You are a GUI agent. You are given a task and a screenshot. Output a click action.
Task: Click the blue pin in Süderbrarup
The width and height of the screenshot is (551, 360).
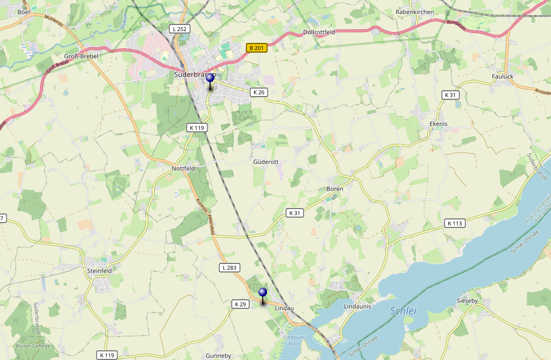tap(210, 78)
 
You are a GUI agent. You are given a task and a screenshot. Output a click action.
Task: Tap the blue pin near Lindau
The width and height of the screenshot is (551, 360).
tap(263, 293)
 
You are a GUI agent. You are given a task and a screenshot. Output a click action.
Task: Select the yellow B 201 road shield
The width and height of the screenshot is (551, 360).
tap(257, 48)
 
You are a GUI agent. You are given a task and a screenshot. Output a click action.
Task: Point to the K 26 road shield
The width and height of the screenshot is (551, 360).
tap(259, 92)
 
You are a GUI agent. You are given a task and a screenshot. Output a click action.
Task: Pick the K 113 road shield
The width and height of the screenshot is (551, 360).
tap(455, 223)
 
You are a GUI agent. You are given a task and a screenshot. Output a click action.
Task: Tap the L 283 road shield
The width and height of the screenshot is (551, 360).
tap(230, 268)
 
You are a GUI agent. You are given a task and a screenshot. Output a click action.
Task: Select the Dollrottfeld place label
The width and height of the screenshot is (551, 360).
tap(319, 33)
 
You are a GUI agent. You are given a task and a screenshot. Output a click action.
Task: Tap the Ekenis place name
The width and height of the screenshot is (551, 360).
tap(438, 124)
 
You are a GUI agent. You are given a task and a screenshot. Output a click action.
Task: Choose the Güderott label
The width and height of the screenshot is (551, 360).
tap(266, 162)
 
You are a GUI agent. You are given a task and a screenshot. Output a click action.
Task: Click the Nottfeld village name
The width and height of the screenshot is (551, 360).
tap(183, 169)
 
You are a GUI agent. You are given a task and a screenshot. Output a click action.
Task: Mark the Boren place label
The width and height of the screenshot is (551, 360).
tap(335, 188)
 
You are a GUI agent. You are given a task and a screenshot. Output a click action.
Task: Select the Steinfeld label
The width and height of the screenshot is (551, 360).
tap(99, 270)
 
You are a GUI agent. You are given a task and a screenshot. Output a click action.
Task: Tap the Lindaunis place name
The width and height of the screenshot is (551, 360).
tap(357, 307)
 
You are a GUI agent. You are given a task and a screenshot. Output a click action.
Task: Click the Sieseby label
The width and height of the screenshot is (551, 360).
tap(467, 300)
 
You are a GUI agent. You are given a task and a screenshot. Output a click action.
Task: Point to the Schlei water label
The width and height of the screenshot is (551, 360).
tap(403, 311)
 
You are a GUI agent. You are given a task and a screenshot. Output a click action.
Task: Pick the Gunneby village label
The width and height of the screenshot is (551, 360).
tap(218, 356)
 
